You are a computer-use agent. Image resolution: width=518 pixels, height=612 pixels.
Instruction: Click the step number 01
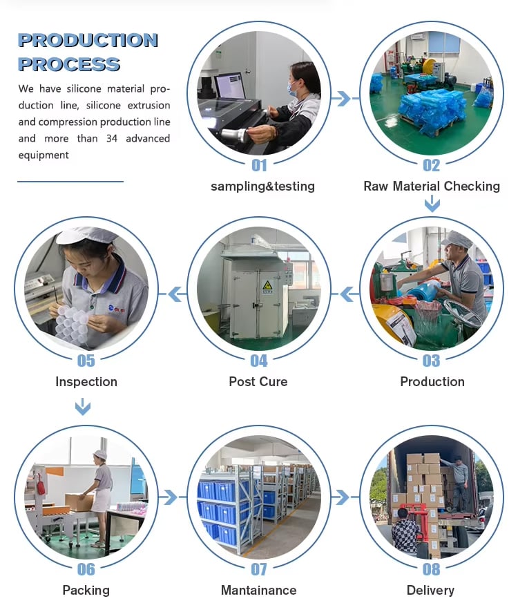[259, 166]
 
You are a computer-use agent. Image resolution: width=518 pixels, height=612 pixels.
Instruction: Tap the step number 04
[259, 361]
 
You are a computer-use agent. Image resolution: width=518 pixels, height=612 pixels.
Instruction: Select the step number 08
[432, 569]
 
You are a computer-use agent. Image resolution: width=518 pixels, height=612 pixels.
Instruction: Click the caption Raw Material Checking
[432, 187]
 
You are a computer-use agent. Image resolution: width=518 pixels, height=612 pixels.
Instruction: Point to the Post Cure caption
[258, 381]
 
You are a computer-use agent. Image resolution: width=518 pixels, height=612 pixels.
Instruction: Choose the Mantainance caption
[259, 590]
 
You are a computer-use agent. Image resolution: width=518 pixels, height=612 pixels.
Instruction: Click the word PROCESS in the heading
[69, 64]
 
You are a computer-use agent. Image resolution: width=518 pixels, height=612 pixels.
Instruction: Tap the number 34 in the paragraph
[112, 139]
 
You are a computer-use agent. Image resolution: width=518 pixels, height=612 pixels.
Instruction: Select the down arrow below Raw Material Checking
[432, 204]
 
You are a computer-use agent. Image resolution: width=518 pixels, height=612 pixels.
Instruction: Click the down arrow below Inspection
[83, 407]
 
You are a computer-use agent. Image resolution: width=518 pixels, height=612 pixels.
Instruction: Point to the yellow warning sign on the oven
[267, 286]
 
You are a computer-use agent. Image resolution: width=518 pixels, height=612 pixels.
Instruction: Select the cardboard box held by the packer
[79, 502]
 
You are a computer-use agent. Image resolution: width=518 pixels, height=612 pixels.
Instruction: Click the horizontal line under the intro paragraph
[70, 182]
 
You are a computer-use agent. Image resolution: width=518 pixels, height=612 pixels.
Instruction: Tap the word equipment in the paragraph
[44, 155]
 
